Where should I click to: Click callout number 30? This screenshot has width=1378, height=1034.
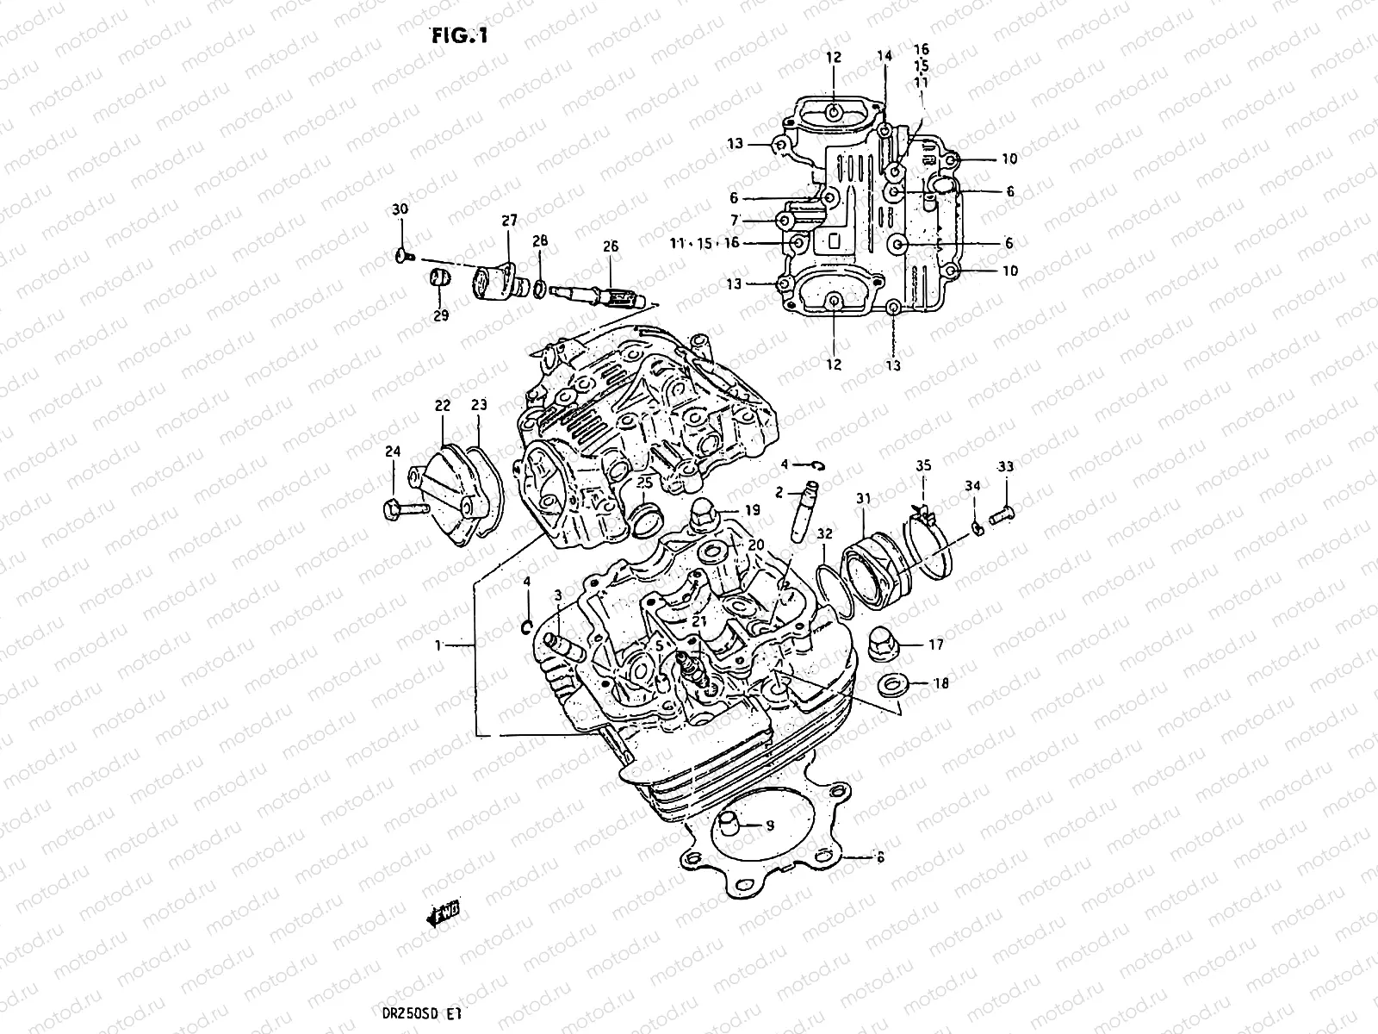click(400, 210)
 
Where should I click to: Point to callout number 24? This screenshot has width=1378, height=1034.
click(393, 451)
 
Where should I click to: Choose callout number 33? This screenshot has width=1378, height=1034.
click(1005, 467)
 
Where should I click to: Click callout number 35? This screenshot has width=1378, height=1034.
click(923, 466)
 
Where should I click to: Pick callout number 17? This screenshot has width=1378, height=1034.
click(936, 644)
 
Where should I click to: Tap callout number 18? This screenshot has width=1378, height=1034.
click(940, 683)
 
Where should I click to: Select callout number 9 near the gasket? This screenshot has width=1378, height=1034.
click(770, 825)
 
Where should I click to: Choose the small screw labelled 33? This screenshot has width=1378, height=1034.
click(1002, 515)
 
